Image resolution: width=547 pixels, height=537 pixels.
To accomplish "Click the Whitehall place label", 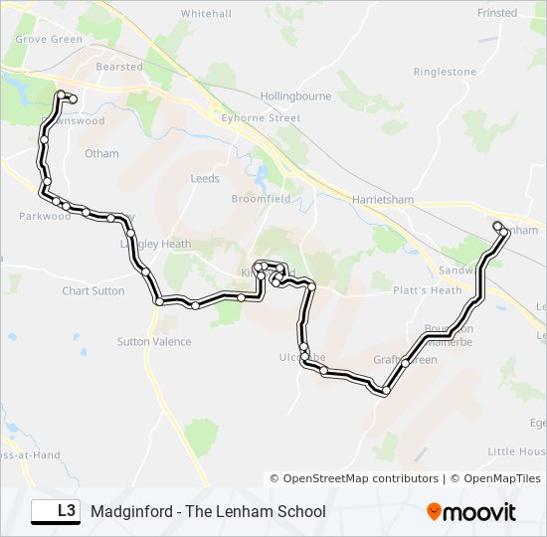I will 206,14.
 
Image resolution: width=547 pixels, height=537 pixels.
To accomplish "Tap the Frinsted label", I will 497,13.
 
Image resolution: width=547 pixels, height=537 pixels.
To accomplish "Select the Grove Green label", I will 49,40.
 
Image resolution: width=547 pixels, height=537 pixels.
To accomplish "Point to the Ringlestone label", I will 445,72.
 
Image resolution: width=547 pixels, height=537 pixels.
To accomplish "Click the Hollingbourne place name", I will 294,96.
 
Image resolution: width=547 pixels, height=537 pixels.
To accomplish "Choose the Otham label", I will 101,153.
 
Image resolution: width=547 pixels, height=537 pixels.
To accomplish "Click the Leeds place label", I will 204,179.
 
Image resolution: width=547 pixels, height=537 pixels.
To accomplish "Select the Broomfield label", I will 261,199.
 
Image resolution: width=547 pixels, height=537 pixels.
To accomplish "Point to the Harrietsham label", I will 382,199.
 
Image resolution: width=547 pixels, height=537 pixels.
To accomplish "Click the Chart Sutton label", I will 93,291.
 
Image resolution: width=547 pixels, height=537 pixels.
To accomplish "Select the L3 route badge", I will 57,511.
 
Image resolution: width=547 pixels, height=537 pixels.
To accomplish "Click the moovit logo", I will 471,512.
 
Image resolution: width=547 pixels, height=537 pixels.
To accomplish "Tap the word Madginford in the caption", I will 129,512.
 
